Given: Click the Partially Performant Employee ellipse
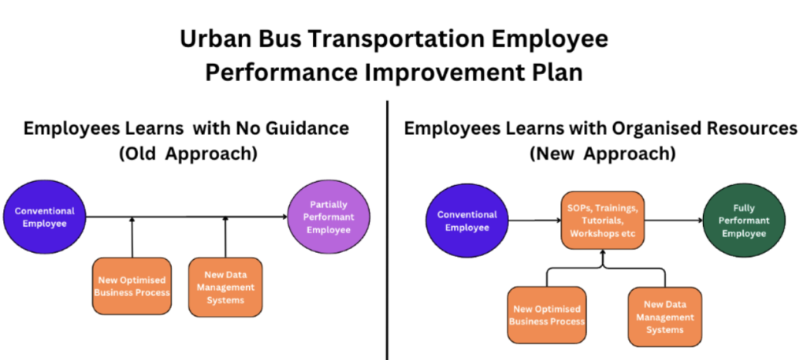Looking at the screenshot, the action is click(x=329, y=217).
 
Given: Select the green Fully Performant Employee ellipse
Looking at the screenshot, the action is click(x=744, y=221).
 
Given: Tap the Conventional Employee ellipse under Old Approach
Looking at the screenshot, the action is click(x=44, y=217).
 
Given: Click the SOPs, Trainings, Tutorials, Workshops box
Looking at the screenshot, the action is click(x=603, y=221).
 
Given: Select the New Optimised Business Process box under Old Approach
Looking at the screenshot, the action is click(x=132, y=286).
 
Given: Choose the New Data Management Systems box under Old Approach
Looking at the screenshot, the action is click(x=225, y=287).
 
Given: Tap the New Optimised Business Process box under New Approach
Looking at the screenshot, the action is click(x=547, y=315).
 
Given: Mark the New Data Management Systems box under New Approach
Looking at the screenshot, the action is click(x=664, y=317).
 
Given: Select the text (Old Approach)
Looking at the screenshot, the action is click(x=188, y=154).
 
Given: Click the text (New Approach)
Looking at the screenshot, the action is click(x=602, y=154).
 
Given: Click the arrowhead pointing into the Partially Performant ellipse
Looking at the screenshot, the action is click(x=284, y=217).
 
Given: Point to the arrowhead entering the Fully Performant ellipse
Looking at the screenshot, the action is click(x=699, y=220).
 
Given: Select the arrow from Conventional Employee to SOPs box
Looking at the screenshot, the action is click(x=535, y=220).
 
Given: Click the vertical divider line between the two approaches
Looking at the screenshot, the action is click(x=387, y=230).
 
